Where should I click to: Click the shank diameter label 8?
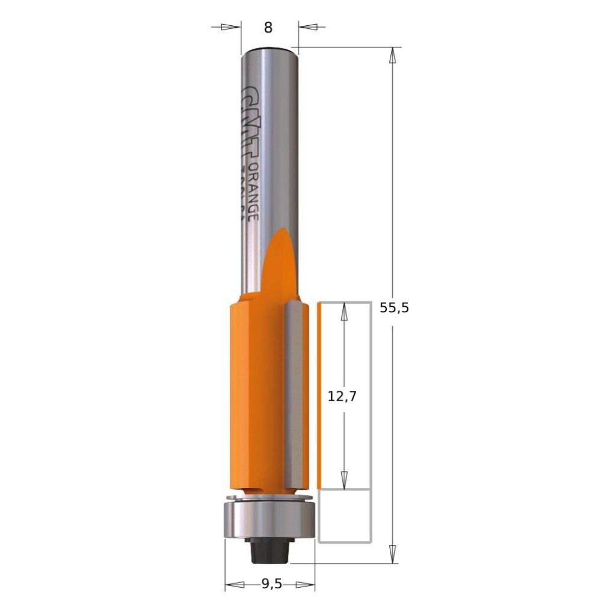tap(268, 28)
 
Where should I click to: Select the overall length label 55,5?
tap(394, 308)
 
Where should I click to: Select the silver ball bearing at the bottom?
tap(269, 520)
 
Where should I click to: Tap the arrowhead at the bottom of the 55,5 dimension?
tap(393, 555)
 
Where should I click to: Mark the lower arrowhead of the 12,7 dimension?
tap(344, 479)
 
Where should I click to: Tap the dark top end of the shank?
tap(269, 49)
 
